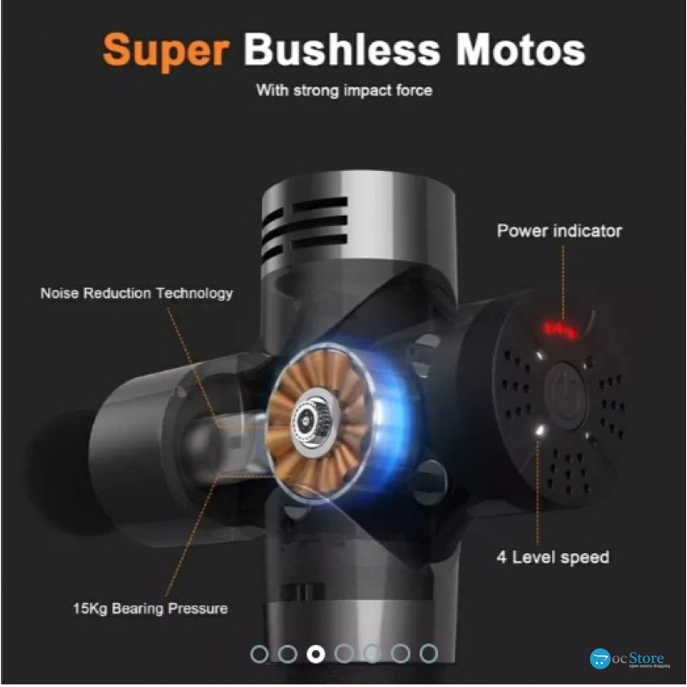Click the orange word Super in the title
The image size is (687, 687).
pyautogui.click(x=166, y=51)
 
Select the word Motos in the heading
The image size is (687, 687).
pyautogui.click(x=520, y=50)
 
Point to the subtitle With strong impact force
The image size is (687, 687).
pyautogui.click(x=344, y=90)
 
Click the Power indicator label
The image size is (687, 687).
pyautogui.click(x=559, y=231)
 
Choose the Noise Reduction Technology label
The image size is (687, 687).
pyautogui.click(x=137, y=293)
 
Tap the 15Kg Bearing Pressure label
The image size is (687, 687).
pyautogui.click(x=150, y=608)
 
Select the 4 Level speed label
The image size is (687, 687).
pyautogui.click(x=553, y=556)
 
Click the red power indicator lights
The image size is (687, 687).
pyautogui.click(x=560, y=329)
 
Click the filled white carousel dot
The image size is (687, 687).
pyautogui.click(x=316, y=654)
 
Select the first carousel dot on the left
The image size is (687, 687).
pyautogui.click(x=259, y=654)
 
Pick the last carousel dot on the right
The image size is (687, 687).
pyautogui.click(x=429, y=654)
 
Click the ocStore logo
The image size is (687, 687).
pyautogui.click(x=630, y=659)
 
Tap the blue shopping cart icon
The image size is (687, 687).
pyautogui.click(x=600, y=659)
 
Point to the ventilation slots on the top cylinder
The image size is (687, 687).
pyautogui.click(x=305, y=228)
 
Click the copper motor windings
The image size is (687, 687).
pyautogui.click(x=318, y=422)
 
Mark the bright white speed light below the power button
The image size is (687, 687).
pyautogui.click(x=540, y=431)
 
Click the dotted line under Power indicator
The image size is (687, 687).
pyautogui.click(x=563, y=282)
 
